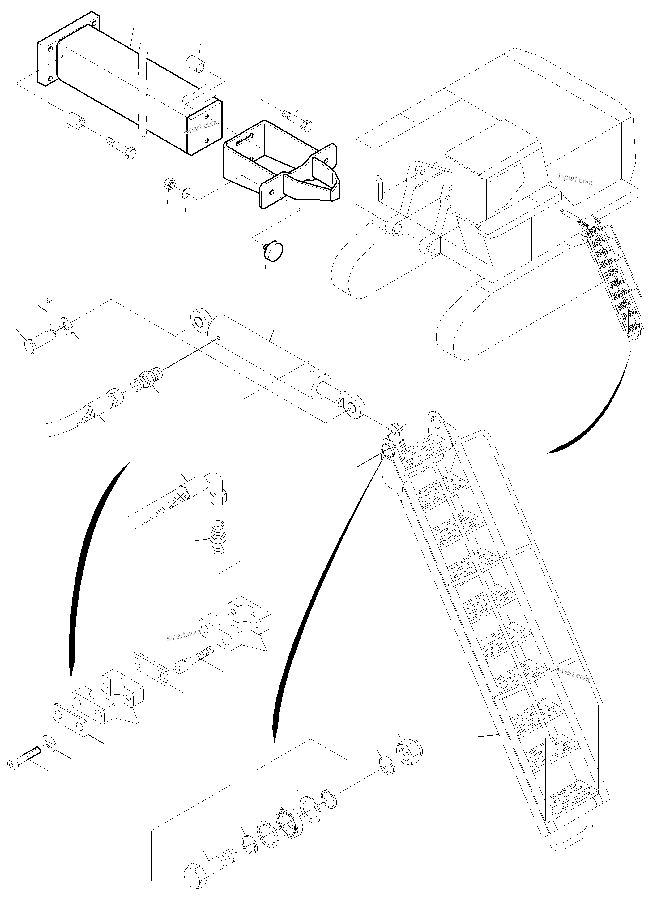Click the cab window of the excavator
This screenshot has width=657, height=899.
click(x=505, y=191)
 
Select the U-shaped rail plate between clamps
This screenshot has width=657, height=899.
click(x=151, y=668)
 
